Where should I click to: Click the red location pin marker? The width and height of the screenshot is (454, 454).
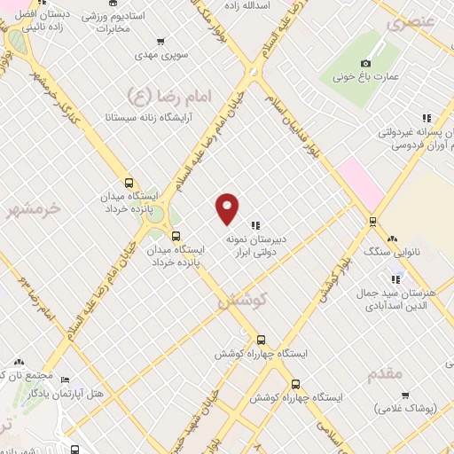[228, 208]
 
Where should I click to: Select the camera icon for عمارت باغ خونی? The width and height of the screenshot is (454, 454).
[365, 63]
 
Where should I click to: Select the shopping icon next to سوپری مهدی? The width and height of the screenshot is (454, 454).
[160, 41]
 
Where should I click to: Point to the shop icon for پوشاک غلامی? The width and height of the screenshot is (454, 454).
[404, 395]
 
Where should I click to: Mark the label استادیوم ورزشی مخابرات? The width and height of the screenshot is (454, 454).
[114, 22]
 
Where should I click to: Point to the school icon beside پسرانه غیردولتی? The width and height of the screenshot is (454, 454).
[427, 117]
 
